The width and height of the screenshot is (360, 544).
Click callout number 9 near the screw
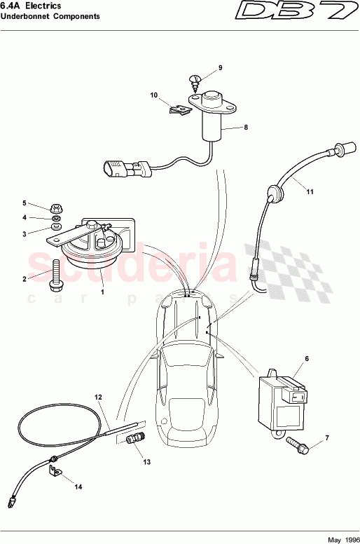point(219,68)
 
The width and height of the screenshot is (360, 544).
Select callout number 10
point(154,95)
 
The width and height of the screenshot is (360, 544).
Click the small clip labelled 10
point(181,109)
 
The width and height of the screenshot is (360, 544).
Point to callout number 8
point(246,128)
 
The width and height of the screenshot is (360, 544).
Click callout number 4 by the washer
point(43,218)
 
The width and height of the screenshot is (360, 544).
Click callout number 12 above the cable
point(99,397)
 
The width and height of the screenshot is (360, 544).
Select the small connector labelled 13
point(135,440)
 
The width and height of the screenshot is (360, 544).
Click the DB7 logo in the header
point(295,12)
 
